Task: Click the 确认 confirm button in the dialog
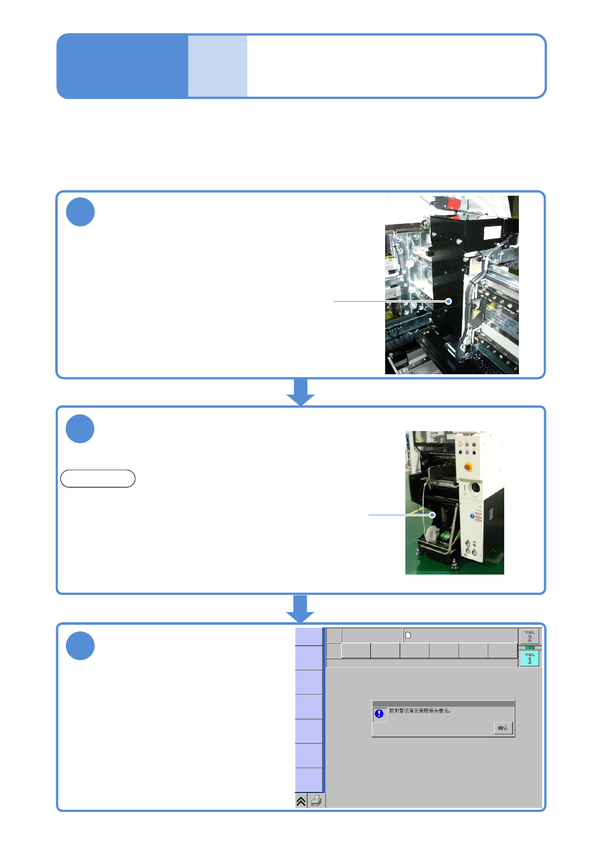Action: [x=503, y=728]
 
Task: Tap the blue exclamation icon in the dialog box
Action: [x=379, y=714]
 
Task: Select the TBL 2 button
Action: [x=530, y=636]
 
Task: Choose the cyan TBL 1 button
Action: [x=530, y=659]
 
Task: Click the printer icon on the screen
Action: [x=316, y=801]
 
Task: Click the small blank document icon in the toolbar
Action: [x=408, y=635]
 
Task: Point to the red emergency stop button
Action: [x=468, y=466]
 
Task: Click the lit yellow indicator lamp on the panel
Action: [x=460, y=444]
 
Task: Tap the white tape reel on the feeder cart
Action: [x=431, y=534]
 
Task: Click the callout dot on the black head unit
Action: [x=448, y=301]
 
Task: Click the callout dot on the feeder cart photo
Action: [x=433, y=515]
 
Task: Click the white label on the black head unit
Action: [x=492, y=232]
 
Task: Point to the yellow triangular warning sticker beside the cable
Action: [x=475, y=315]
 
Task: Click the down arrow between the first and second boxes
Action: [x=300, y=392]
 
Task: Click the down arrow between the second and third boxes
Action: [x=300, y=608]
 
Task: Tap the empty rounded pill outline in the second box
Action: [x=98, y=478]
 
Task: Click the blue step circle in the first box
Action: [x=80, y=212]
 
